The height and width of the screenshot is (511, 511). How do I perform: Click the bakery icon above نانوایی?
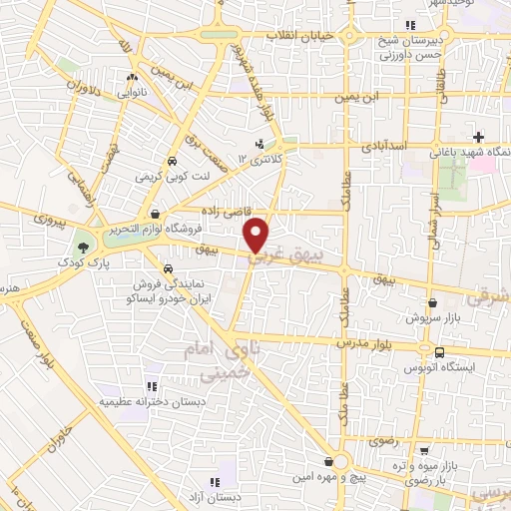pos(132,76)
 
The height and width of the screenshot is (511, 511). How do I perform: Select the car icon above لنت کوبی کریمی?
pos(172,160)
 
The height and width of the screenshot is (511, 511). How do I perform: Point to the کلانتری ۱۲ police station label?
pos(260,159)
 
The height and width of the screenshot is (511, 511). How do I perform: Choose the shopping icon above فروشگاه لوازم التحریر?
pos(155,213)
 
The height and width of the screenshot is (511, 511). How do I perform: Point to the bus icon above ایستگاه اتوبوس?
pos(439,351)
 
